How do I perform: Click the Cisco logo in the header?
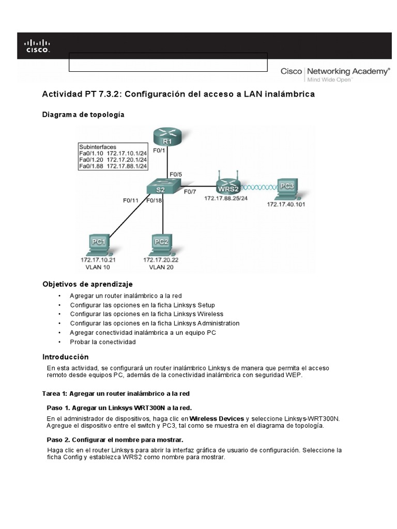[x=38, y=45]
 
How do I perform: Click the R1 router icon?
[x=165, y=137]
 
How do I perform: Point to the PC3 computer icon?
[x=287, y=189]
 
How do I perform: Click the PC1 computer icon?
[x=98, y=244]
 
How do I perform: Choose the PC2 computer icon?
[x=161, y=244]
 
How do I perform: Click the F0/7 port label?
[x=191, y=192]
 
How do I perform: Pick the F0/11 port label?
[x=131, y=199]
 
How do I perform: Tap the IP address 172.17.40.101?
[x=287, y=204]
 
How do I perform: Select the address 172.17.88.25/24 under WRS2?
[x=226, y=198]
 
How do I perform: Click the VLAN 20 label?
[x=161, y=267]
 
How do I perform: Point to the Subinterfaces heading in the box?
[x=97, y=146]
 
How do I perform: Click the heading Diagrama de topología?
[x=83, y=115]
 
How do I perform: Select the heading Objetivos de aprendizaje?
[x=87, y=284]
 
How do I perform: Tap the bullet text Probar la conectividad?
[x=103, y=342]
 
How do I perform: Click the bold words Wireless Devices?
[x=217, y=418]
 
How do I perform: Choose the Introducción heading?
[x=65, y=357]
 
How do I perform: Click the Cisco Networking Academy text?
[x=335, y=71]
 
